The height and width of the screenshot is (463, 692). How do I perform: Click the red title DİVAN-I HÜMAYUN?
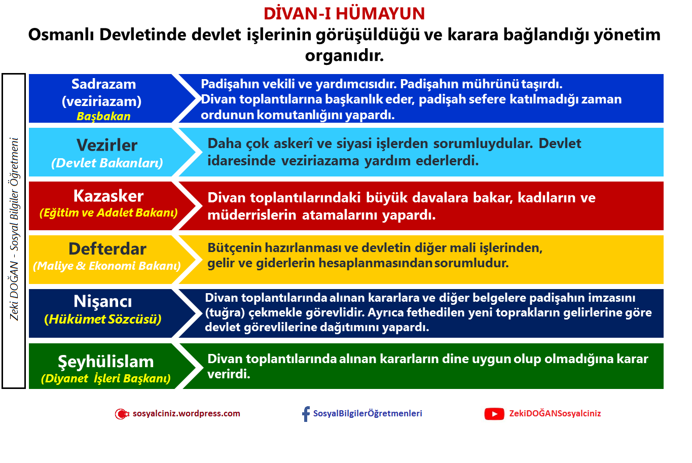[344, 14]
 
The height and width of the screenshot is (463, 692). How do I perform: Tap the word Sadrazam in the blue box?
[103, 84]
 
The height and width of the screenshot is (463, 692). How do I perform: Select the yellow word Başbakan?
[103, 116]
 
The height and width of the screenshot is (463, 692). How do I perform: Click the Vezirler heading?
[107, 145]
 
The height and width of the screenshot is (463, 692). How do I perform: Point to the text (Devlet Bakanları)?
[107, 163]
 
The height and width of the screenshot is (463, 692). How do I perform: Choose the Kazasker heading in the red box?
[108, 196]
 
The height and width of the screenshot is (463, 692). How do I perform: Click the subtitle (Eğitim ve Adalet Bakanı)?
[108, 212]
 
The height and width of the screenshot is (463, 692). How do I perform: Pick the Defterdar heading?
[107, 249]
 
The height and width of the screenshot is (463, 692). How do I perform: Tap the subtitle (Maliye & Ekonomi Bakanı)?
[107, 266]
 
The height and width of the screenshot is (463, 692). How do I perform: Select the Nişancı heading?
[102, 301]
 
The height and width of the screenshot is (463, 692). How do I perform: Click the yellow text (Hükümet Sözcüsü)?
[102, 319]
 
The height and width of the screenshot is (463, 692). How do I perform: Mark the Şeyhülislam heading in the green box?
[105, 362]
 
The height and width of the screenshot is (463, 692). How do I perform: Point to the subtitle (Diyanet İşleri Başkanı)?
[105, 378]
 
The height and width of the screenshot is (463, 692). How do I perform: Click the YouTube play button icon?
[494, 414]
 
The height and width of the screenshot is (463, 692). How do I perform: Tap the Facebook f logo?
[306, 414]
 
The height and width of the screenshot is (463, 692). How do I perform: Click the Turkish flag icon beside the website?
[122, 414]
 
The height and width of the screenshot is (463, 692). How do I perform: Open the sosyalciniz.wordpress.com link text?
[186, 413]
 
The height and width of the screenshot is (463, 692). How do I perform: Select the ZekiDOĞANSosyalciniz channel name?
[555, 413]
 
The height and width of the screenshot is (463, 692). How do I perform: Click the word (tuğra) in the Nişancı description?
[225, 313]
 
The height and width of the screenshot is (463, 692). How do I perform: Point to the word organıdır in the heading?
[344, 56]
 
